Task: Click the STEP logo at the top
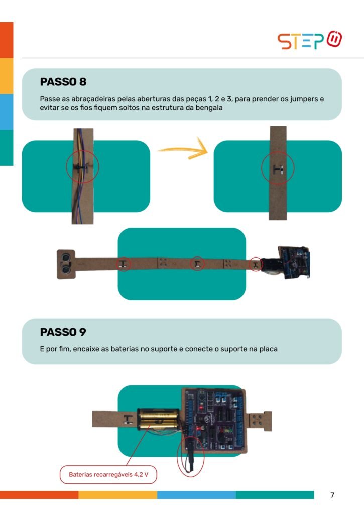pos(310,40)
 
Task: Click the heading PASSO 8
pos(63,82)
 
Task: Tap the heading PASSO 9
pos(63,332)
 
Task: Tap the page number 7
pos(332,495)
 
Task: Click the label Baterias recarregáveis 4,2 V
pos(108,474)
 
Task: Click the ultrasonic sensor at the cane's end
pos(66,264)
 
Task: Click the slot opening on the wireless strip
pos(278,169)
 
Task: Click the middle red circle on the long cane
pos(197,264)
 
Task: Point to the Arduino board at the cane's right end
pos(295,263)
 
